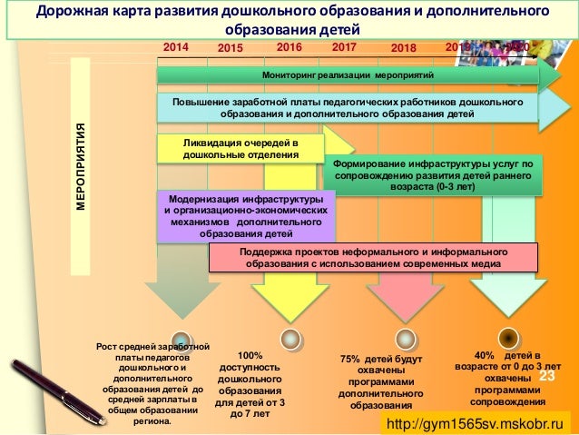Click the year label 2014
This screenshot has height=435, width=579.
pos(177,44)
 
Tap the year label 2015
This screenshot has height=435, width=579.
pos(231,46)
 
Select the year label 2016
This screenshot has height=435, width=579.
pos(289,44)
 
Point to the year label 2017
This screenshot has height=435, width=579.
pos(345,44)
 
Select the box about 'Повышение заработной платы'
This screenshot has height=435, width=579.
pos(348,109)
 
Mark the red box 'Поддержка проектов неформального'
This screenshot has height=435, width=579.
pos(373,258)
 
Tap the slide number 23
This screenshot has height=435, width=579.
pos(546,375)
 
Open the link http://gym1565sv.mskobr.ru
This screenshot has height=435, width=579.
pos(475,424)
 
